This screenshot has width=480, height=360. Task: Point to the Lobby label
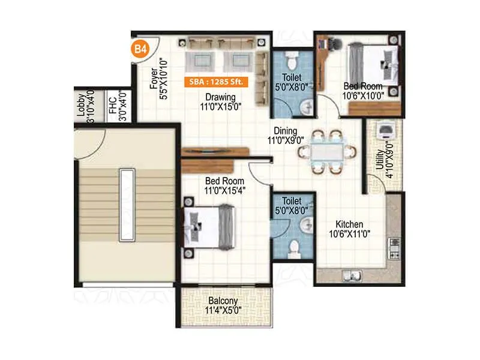pyautogui.click(x=80, y=105)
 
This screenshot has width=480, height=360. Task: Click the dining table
pyautogui.click(x=326, y=152)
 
